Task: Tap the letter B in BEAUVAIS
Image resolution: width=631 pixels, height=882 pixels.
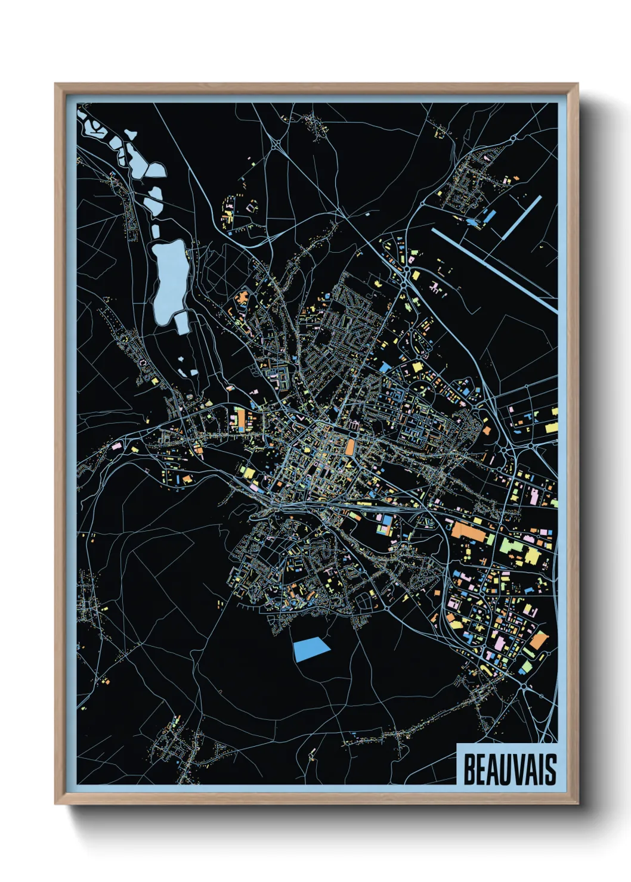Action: click(469, 769)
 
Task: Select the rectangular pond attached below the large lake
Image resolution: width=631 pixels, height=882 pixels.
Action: click(182, 322)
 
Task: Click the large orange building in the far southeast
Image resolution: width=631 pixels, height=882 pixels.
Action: click(539, 641)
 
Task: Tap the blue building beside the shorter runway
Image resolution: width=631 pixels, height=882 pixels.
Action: click(488, 217)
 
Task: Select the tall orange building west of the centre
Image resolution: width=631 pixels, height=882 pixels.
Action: click(240, 418)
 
